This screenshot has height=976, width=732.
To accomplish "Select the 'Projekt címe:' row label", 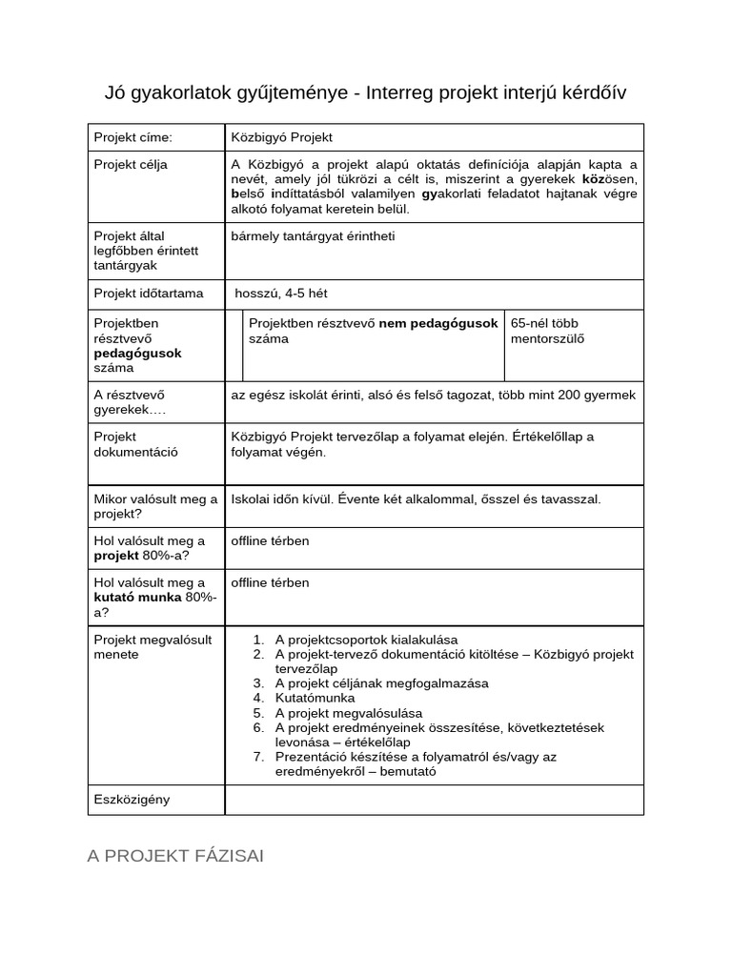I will click(132, 137).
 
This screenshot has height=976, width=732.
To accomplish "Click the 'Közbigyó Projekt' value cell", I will click(281, 137).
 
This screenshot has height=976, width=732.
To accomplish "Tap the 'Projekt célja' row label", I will click(131, 164).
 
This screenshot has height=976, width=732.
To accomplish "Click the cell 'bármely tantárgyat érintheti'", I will click(313, 235).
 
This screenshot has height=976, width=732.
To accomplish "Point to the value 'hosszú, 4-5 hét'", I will click(281, 294).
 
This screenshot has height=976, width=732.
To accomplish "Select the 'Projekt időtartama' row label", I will click(148, 294).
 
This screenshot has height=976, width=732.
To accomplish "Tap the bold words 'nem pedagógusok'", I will click(438, 323).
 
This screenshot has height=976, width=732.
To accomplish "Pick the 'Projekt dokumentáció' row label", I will click(135, 444).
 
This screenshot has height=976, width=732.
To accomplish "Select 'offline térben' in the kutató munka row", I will click(270, 582).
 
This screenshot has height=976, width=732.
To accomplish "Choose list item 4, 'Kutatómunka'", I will click(315, 698).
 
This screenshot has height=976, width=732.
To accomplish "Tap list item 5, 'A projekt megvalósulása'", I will click(348, 712).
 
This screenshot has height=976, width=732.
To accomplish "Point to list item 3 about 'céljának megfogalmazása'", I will click(381, 683).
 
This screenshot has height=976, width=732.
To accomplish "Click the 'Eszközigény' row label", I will click(132, 799).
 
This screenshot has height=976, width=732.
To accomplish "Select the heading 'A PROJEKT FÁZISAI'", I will click(175, 856).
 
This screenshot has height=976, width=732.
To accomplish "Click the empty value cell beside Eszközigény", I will click(434, 800).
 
